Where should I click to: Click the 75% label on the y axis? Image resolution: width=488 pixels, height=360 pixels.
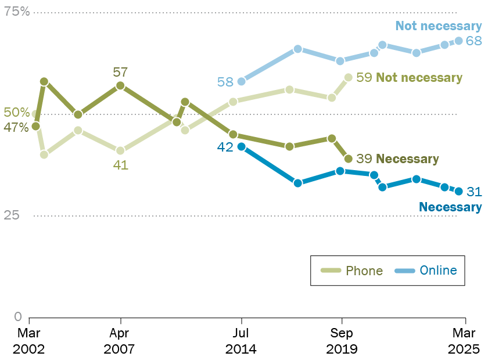[x=17, y=12]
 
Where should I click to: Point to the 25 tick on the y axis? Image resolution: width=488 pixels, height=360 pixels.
[x=13, y=215]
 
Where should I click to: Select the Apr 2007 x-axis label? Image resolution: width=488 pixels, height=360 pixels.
[x=120, y=341]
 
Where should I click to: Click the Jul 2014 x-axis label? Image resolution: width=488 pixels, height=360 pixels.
[x=241, y=341]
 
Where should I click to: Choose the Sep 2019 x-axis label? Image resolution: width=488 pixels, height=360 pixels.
[x=342, y=341]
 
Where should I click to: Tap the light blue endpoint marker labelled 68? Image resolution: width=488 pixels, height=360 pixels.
[x=458, y=41]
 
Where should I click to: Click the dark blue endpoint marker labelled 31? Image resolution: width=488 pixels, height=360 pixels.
[x=458, y=191]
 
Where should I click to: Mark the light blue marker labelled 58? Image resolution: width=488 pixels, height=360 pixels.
[x=241, y=81]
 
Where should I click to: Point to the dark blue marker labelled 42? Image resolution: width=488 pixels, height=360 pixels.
[x=241, y=146]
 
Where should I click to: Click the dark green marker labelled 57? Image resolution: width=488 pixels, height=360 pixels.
[x=120, y=86]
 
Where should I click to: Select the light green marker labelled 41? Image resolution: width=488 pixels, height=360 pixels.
[x=120, y=150]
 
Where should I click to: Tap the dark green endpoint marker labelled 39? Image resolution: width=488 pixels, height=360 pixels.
[x=349, y=159]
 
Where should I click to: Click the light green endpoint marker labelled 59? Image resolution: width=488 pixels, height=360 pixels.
[x=349, y=77]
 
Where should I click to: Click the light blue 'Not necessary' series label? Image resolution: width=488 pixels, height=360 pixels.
[x=439, y=26]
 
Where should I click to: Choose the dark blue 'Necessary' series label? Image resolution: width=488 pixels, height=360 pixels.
[x=450, y=207]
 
